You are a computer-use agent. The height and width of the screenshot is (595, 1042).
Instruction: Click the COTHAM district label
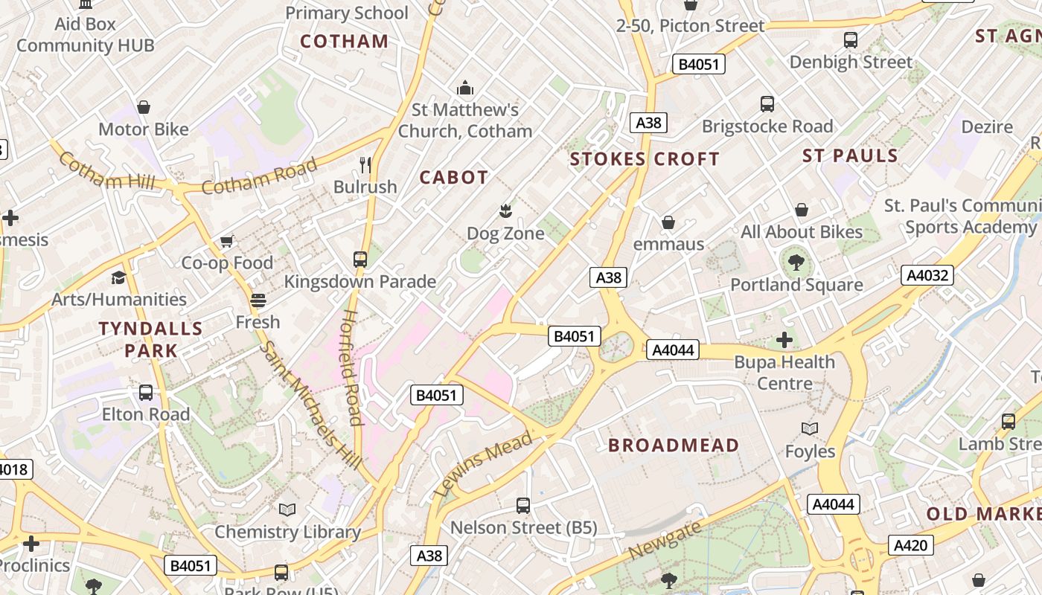344,41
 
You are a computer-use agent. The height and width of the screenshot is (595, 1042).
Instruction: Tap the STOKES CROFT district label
644,159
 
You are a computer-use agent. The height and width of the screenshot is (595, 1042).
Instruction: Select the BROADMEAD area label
674,446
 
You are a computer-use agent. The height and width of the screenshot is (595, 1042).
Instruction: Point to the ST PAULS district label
850,155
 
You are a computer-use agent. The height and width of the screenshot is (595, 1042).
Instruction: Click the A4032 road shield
927,275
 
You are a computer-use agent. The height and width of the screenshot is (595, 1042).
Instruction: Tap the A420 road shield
910,546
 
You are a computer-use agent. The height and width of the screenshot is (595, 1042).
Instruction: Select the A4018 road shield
13,469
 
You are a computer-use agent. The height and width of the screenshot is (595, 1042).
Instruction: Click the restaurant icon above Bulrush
365,164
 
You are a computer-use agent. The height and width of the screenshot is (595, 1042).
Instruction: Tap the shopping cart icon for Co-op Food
227,241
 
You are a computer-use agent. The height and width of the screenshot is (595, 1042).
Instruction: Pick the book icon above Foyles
810,428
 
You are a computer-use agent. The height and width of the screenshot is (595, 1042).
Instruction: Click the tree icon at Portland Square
796,262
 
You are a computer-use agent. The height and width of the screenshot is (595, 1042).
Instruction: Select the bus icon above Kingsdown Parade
360,259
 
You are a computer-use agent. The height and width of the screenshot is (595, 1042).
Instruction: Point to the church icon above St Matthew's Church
465,89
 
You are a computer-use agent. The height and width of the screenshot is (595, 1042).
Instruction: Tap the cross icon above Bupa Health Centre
784,340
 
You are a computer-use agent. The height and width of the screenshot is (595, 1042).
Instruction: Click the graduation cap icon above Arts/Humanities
119,277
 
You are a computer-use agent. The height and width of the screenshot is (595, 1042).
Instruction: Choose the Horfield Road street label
351,367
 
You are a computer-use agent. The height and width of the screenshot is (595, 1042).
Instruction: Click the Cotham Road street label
259,177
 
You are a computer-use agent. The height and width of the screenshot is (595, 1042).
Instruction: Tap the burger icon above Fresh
258,300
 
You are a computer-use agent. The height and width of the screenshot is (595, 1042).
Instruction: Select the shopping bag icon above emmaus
668,222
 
